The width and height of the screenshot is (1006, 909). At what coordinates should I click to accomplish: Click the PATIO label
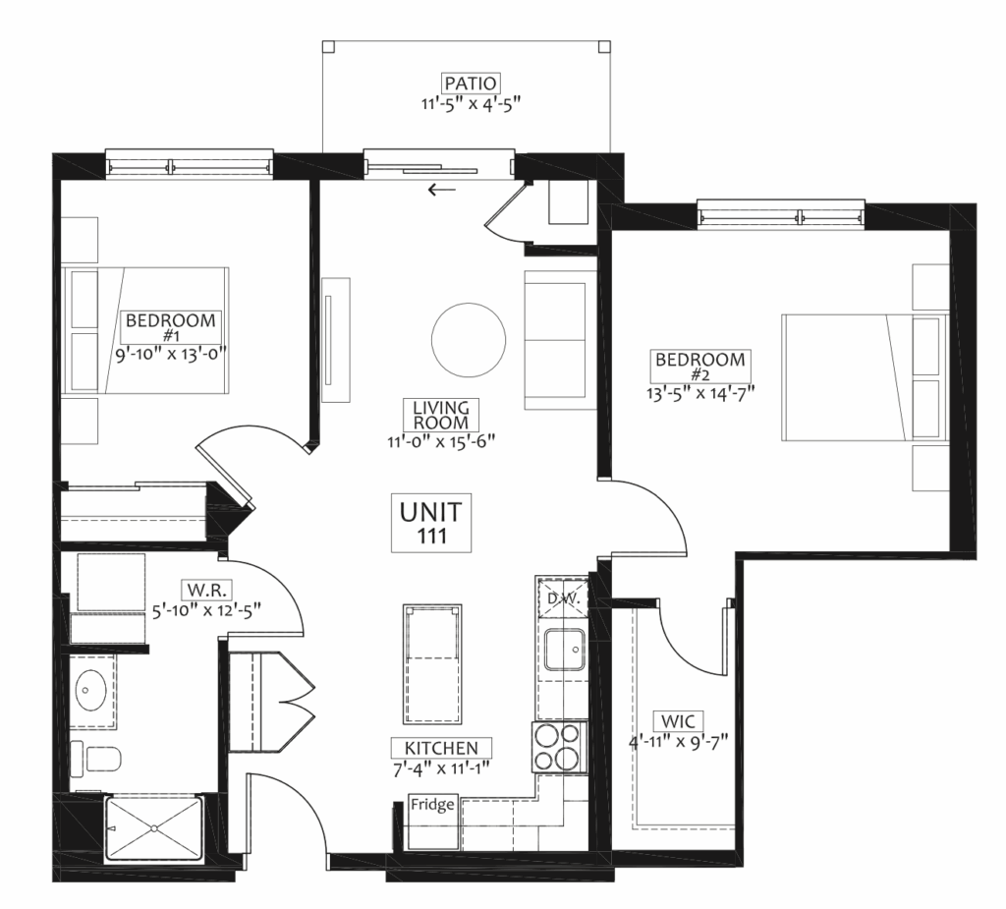coord(471,84)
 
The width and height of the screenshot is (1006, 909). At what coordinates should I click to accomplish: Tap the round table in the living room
coord(469,340)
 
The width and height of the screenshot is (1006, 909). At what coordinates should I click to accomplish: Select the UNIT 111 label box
coord(431,523)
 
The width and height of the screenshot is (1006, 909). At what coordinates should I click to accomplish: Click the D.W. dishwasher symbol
coord(563,598)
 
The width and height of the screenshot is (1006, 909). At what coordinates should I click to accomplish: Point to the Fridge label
coord(433,805)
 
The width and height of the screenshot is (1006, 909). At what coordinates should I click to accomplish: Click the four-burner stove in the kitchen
coord(559,748)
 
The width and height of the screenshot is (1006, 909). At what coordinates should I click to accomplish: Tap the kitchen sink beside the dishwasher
coord(565,650)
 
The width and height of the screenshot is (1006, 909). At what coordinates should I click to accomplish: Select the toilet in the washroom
coord(95,759)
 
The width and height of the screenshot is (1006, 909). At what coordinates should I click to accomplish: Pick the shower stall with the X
coord(153,828)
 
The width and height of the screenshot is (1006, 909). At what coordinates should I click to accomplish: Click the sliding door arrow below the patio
coord(442,190)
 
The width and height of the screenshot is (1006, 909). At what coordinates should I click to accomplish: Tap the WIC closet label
coord(678,721)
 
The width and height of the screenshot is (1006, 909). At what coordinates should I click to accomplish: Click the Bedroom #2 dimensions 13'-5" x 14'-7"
coord(699,391)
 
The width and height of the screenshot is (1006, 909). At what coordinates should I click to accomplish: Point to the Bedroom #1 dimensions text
coord(171,355)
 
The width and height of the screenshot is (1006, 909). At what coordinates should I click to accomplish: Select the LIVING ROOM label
coord(441,415)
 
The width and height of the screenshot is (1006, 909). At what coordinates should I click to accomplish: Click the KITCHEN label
coord(441,748)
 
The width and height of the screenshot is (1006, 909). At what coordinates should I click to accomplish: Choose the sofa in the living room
coord(557,340)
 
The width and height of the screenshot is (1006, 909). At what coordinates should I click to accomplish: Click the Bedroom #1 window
coord(190,163)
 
